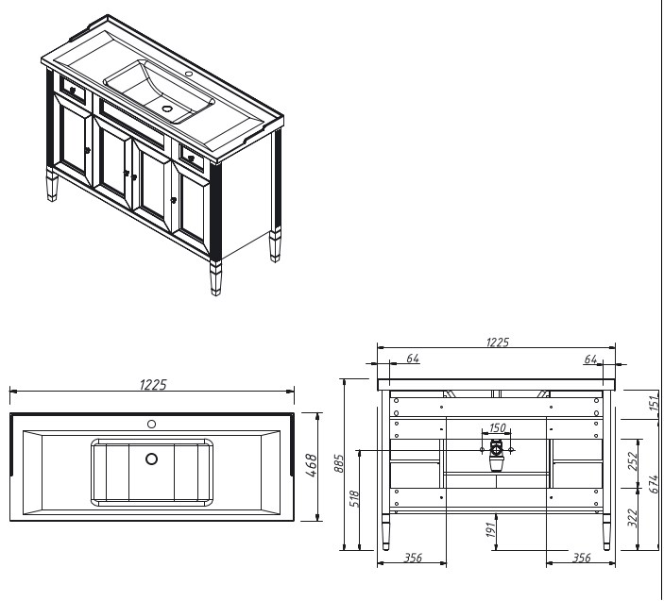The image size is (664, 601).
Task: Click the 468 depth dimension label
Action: [x=312, y=465]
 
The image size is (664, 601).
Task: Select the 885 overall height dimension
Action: [x=339, y=463]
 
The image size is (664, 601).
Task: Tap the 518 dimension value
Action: [x=354, y=499]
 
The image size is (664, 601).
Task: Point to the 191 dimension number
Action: [x=491, y=529]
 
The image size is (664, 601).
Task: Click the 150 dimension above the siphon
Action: [x=497, y=428]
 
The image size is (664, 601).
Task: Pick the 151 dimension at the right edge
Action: [x=655, y=402]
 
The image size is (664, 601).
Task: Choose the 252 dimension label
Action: [x=633, y=461]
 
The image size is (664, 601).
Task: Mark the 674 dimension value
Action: [x=655, y=484]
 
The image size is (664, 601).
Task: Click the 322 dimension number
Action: [x=633, y=518]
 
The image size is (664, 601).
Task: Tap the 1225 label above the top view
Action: [x=153, y=384]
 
